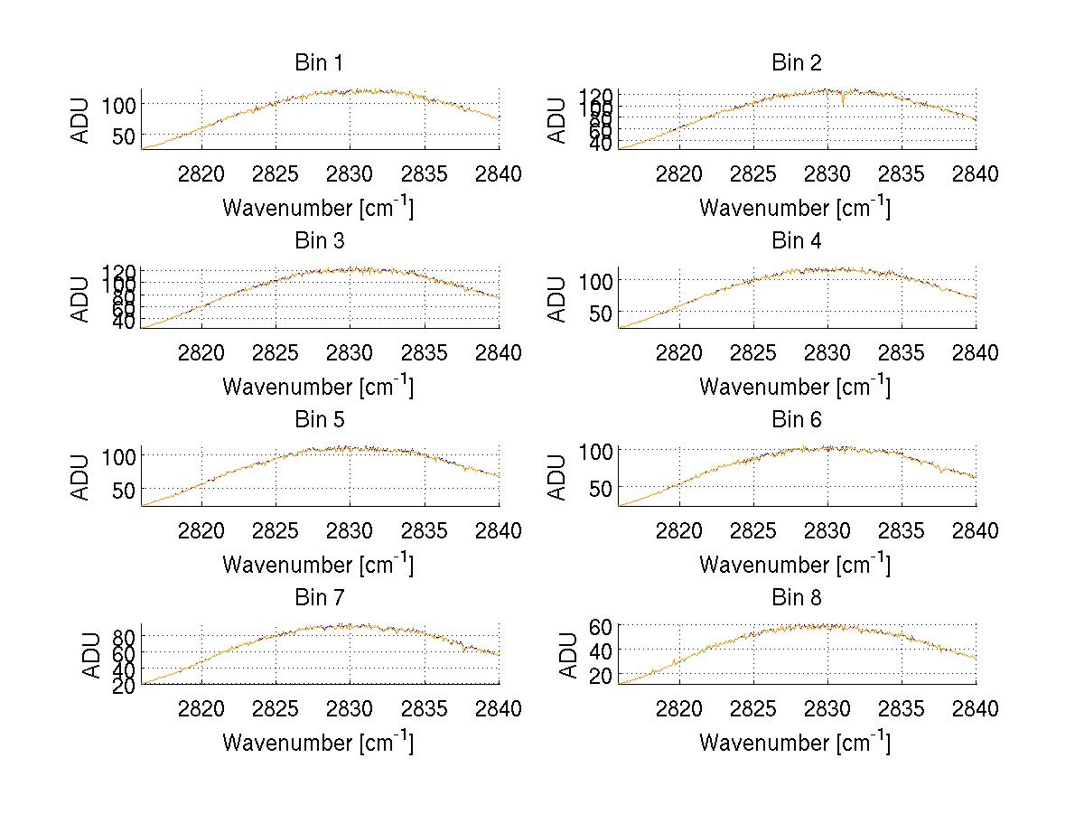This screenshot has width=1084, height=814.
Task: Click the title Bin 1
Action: [x=319, y=63]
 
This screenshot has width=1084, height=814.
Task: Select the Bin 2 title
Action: [x=796, y=63]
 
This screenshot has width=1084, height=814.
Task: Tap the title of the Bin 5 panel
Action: [x=319, y=420]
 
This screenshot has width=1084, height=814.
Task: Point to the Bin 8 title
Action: [x=796, y=598]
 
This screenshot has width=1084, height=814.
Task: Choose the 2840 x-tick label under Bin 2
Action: [x=976, y=174]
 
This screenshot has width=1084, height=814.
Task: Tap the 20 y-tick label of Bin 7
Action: [x=125, y=686]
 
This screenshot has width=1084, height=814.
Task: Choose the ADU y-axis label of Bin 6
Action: [x=558, y=478]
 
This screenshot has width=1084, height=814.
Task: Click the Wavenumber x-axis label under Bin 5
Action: [x=318, y=564]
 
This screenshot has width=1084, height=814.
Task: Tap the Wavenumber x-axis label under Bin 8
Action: [x=795, y=742]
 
